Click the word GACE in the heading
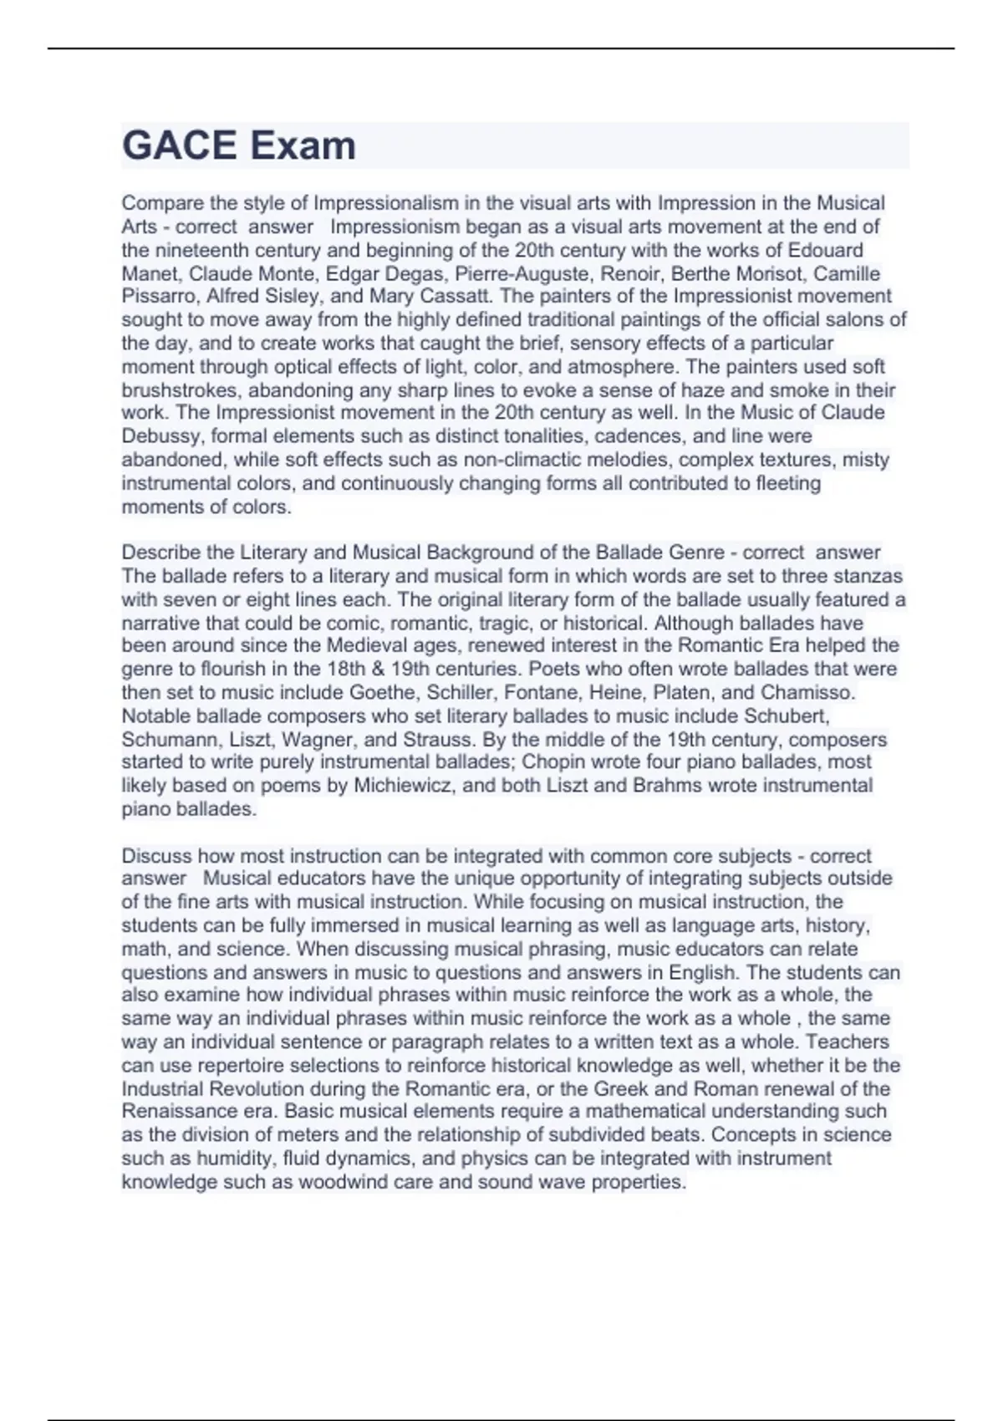176,146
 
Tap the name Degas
415,273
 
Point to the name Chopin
550,762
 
